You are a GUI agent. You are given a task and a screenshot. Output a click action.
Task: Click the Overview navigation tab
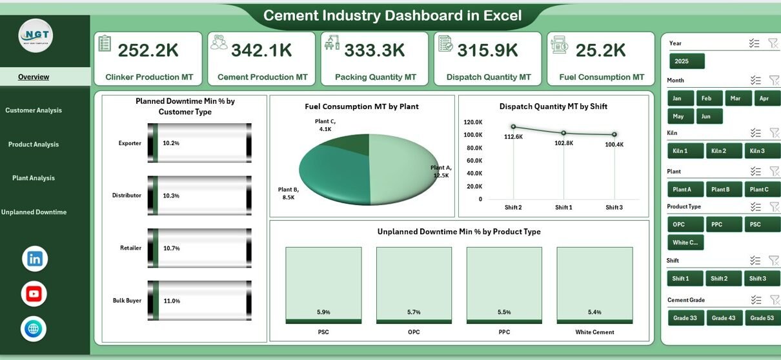click(x=34, y=77)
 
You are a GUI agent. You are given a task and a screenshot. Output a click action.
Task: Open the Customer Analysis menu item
click(x=34, y=110)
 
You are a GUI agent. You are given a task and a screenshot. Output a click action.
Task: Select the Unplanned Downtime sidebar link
click(x=34, y=212)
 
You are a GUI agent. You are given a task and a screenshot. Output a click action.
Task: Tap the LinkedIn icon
click(x=35, y=259)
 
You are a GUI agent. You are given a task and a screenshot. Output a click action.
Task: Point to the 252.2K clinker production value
click(x=148, y=50)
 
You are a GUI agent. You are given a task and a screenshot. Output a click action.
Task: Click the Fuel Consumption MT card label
click(x=602, y=77)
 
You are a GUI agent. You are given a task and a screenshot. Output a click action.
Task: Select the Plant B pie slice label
click(x=287, y=193)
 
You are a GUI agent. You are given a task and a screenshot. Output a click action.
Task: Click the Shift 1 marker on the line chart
click(x=563, y=133)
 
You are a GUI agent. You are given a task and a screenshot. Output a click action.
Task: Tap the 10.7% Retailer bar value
click(x=171, y=248)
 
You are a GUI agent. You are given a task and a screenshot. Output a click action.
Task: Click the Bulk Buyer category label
click(x=127, y=301)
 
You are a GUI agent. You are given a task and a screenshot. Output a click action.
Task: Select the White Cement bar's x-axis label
click(x=594, y=332)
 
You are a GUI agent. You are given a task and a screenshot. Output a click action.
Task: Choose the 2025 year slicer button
click(x=686, y=61)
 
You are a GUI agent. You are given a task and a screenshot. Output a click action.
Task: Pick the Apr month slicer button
click(x=764, y=99)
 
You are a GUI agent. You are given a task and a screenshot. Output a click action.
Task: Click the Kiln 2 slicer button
click(x=724, y=151)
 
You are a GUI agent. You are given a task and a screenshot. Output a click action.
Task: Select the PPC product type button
click(x=724, y=225)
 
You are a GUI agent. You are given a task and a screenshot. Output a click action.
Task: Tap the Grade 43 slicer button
click(x=724, y=318)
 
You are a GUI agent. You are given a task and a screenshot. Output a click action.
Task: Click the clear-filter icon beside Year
click(x=773, y=43)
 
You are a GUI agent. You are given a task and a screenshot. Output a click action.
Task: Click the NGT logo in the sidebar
click(x=35, y=35)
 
